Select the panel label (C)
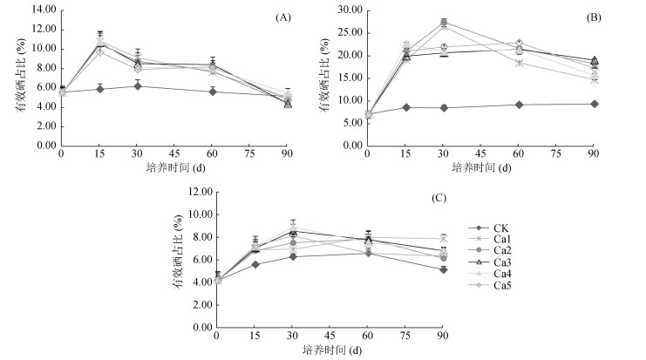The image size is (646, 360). point(440,198)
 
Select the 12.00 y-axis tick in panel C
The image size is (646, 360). point(198,191)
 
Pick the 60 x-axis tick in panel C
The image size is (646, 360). point(368,336)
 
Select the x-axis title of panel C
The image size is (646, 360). point(330,349)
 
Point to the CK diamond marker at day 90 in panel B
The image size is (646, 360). point(594,104)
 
